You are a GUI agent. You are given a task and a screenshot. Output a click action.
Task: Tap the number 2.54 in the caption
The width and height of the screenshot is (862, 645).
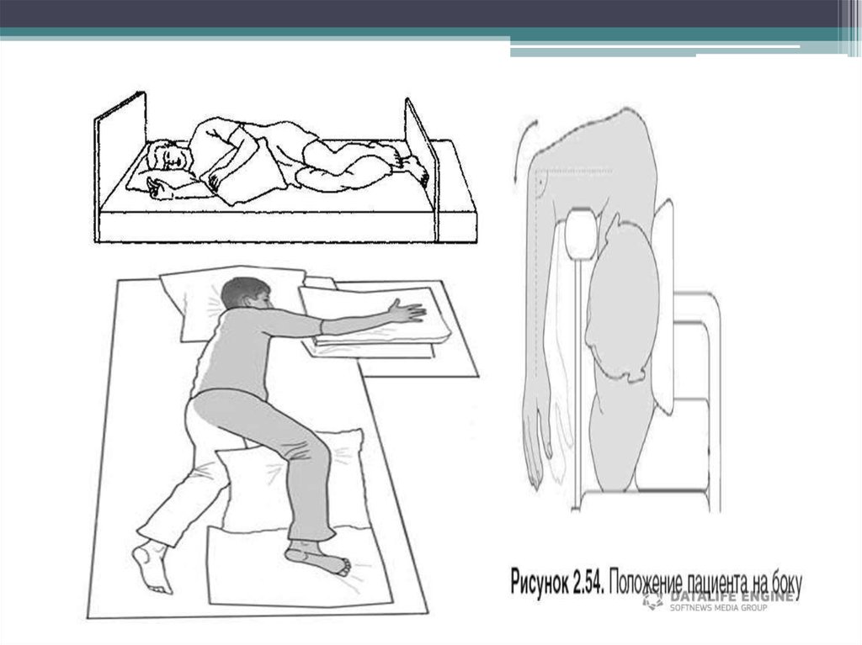588,583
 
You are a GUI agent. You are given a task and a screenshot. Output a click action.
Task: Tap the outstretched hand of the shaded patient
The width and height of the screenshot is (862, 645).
407,311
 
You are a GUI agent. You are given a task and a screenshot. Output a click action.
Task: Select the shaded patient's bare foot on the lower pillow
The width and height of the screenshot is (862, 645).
317,557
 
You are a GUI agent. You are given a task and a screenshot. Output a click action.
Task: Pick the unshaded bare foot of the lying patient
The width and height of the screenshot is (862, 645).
152,568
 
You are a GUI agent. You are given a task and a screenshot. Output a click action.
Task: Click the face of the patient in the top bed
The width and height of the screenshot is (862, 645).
175,159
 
